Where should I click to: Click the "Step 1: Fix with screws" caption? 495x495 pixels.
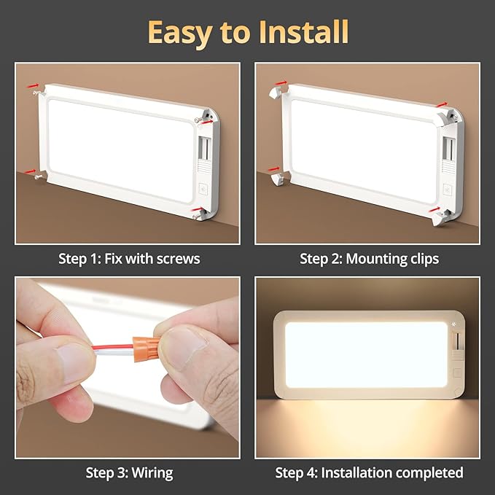point(129,258)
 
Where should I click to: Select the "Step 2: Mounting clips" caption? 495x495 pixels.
point(369,258)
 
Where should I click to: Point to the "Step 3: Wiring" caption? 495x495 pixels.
point(129,472)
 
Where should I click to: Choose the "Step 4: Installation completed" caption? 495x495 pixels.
point(369,472)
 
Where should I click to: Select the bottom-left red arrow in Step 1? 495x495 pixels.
point(31,172)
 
